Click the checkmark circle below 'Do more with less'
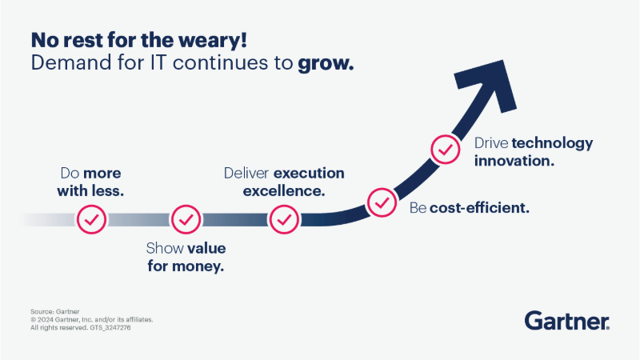92,218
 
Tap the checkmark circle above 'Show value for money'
186,218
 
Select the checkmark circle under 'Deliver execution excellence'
283,218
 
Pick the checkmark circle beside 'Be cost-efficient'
381,202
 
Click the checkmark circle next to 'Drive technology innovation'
445,150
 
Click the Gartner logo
567,321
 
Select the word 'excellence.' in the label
283,191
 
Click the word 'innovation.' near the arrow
514,161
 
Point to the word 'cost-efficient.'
480,208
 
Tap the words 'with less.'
90,191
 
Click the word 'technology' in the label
552,143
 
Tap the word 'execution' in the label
309,174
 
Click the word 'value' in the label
206,247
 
